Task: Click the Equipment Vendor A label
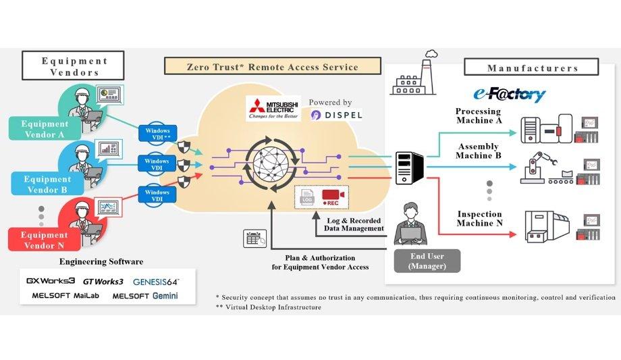coord(45,128)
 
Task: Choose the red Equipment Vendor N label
coord(45,240)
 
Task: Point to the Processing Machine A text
coord(478,116)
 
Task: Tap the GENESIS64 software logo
coord(156,281)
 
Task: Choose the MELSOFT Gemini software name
coord(145,296)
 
